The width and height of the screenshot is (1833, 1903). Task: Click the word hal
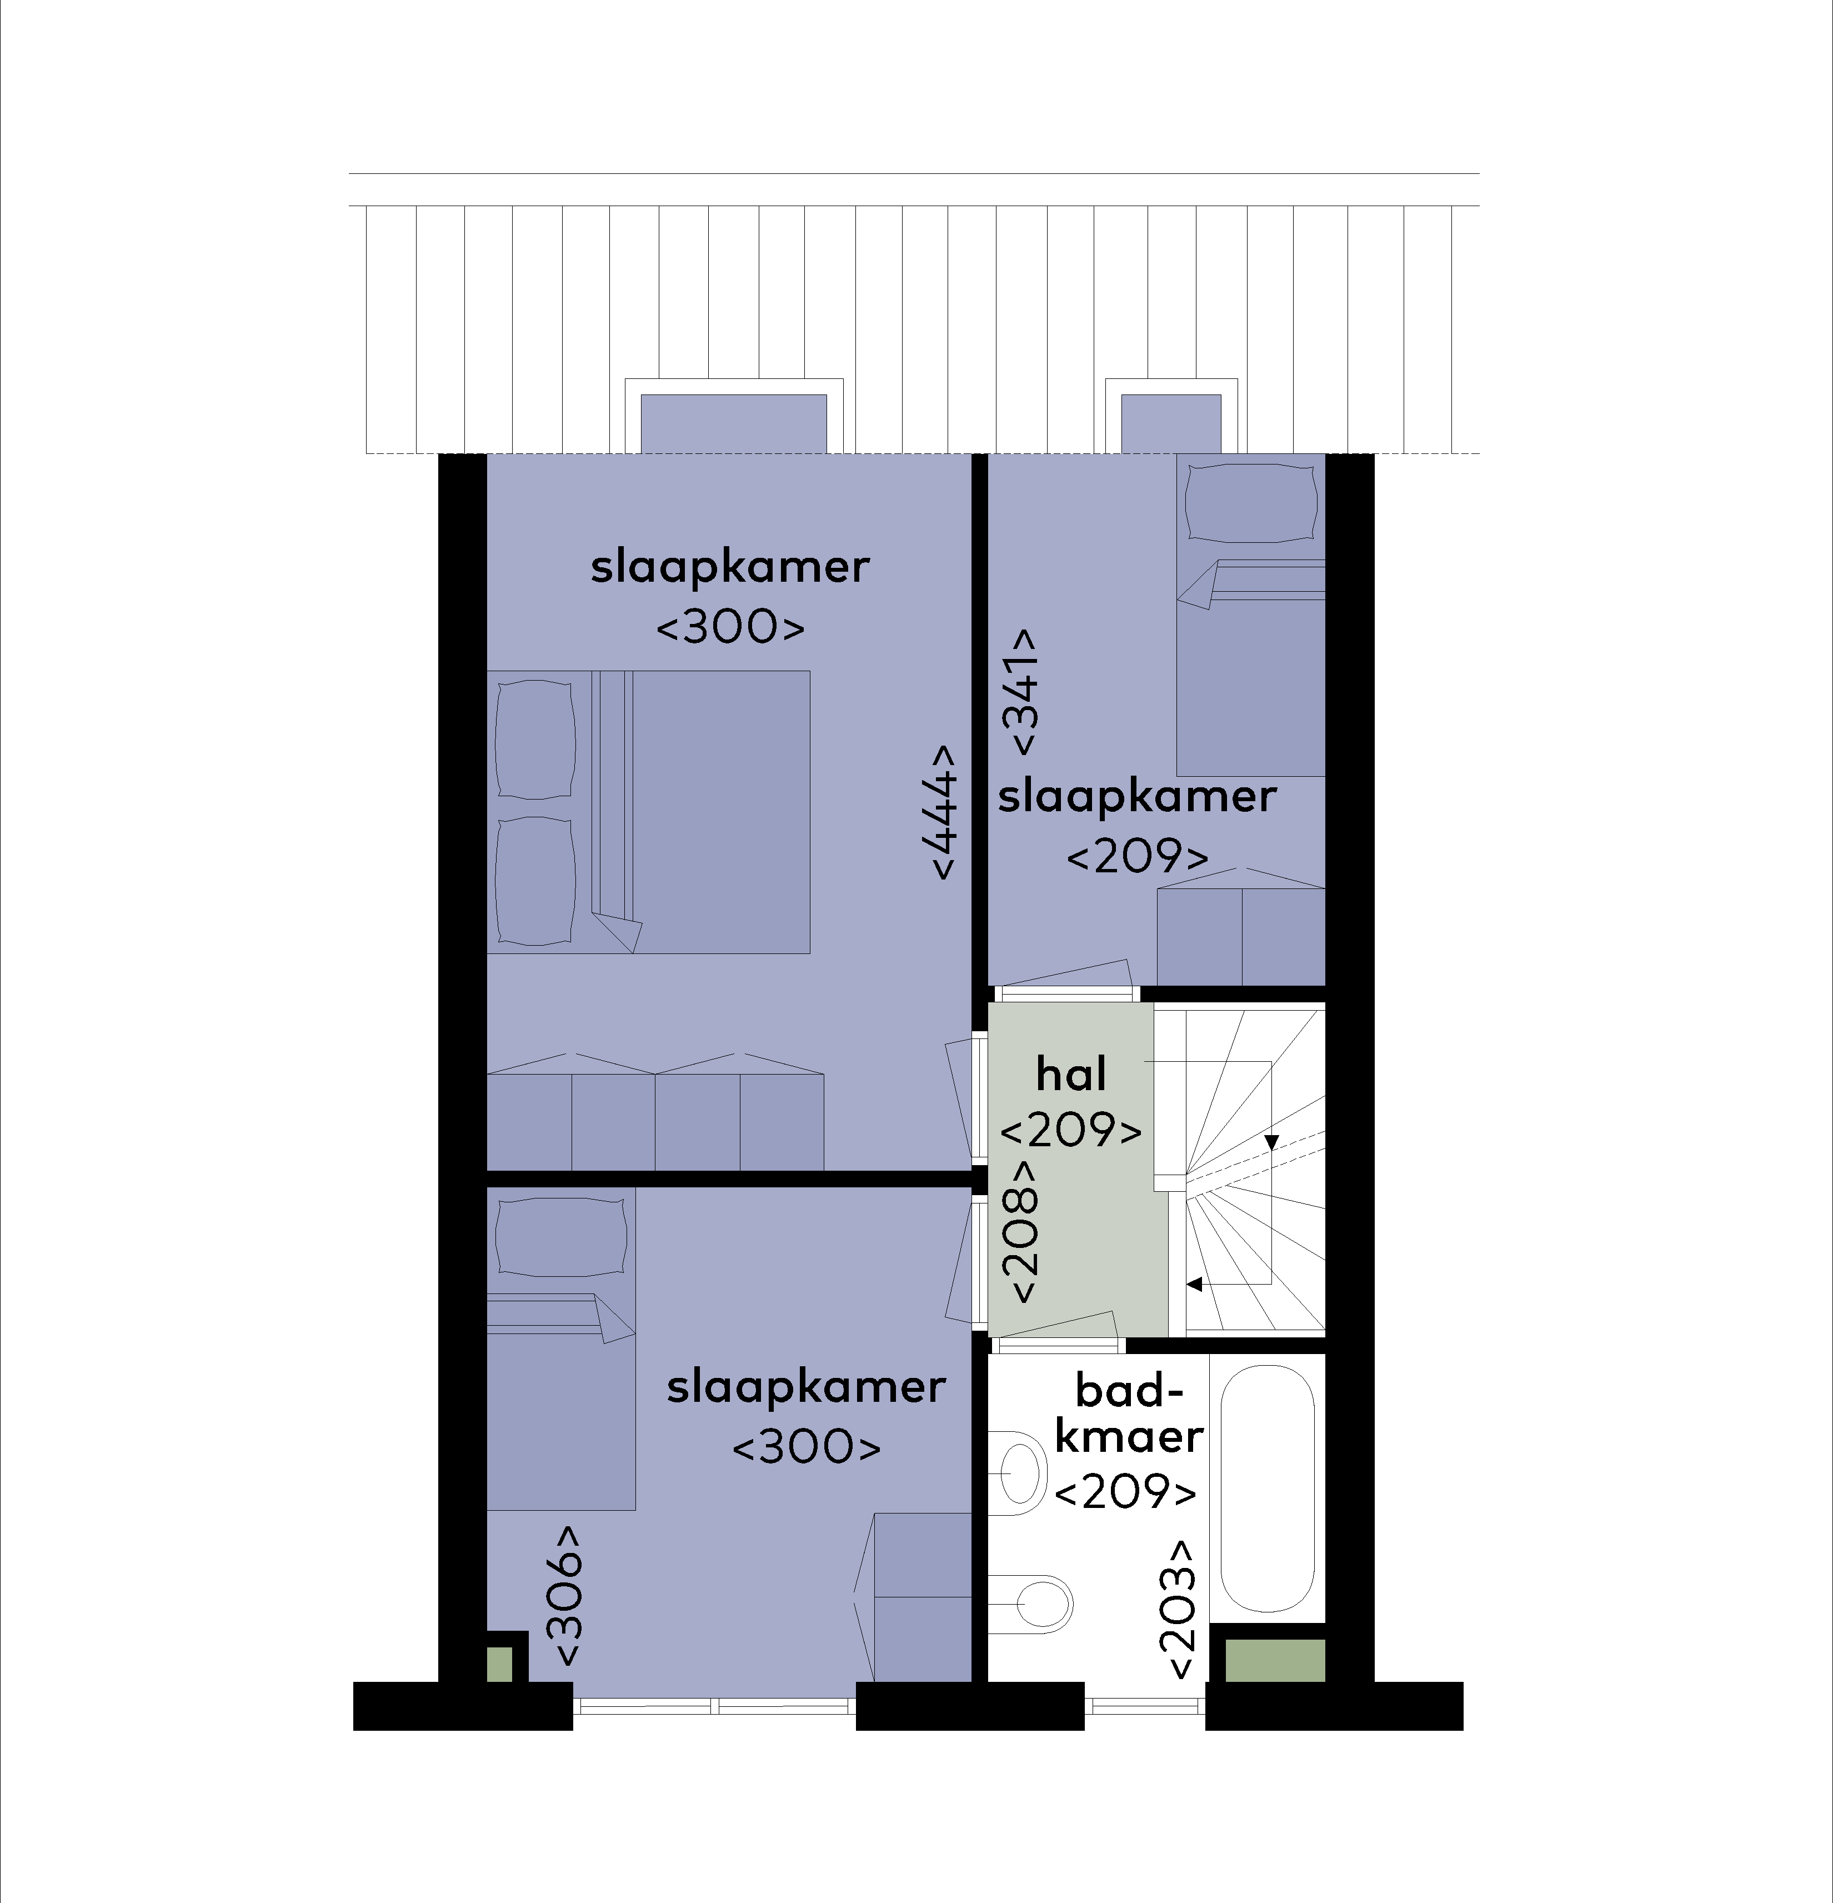pyautogui.click(x=1071, y=1075)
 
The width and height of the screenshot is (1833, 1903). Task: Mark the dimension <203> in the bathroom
pyautogui.click(x=1176, y=1609)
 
